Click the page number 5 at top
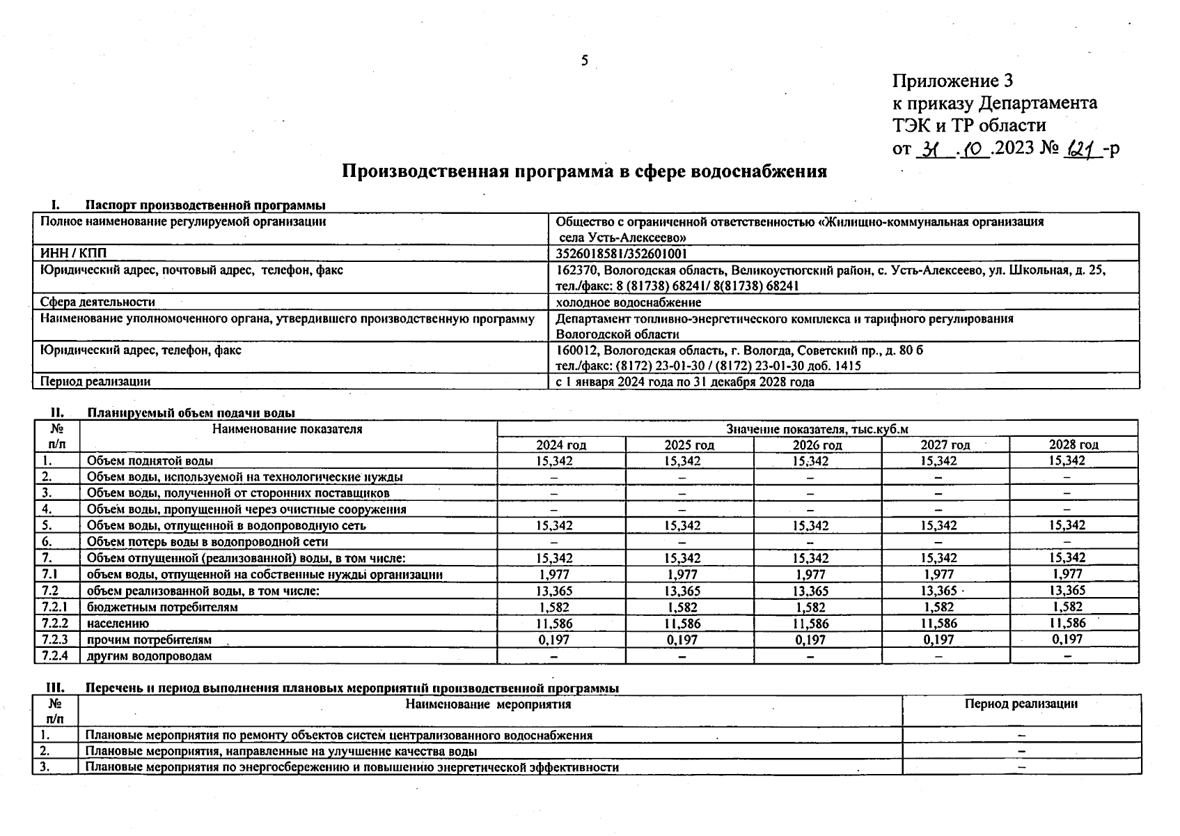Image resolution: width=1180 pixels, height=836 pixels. click(x=585, y=61)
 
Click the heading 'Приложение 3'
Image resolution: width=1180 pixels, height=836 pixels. click(x=952, y=82)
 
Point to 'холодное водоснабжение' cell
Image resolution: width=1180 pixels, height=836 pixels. click(x=628, y=302)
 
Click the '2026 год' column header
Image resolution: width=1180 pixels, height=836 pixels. click(x=817, y=445)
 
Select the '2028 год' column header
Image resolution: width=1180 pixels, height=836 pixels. click(x=1073, y=444)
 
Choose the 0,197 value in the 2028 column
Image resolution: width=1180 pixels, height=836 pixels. click(x=1068, y=639)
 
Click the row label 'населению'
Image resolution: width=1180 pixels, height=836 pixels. click(x=118, y=624)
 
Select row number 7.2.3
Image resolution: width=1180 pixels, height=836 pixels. click(x=54, y=640)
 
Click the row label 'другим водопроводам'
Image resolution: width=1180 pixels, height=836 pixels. click(x=149, y=656)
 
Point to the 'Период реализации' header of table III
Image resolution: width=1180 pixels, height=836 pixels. click(x=1021, y=704)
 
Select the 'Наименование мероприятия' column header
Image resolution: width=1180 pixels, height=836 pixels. click(x=488, y=704)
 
